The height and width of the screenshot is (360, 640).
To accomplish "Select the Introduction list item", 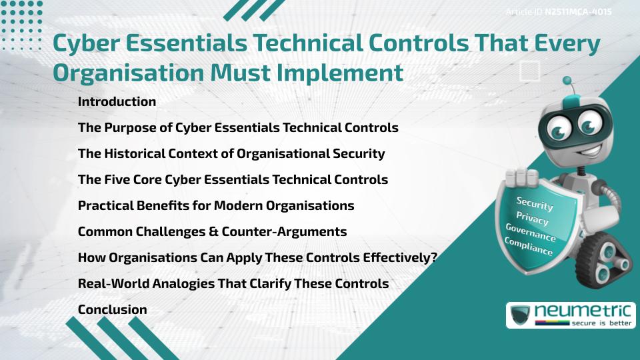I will (117, 102).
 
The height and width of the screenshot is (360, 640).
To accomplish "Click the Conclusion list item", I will (112, 309).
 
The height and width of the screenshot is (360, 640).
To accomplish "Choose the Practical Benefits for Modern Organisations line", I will (216, 205).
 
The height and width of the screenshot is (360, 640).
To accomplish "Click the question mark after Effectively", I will (433, 257).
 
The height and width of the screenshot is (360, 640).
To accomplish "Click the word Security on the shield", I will (534, 203).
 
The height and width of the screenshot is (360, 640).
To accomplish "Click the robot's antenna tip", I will (567, 81).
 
